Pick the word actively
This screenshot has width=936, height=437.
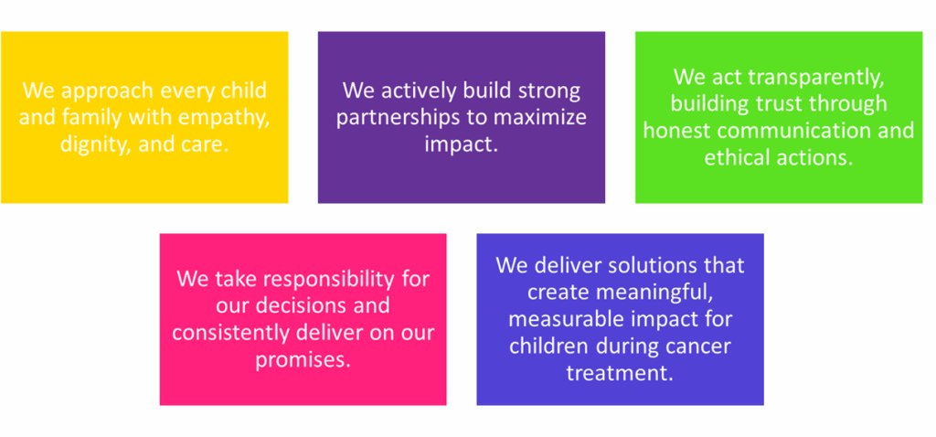point(422,91)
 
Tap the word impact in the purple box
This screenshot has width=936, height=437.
point(461,144)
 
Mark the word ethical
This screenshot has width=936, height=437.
point(739,157)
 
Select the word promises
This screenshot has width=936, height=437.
point(303,359)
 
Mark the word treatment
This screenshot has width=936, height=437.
point(620,372)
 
